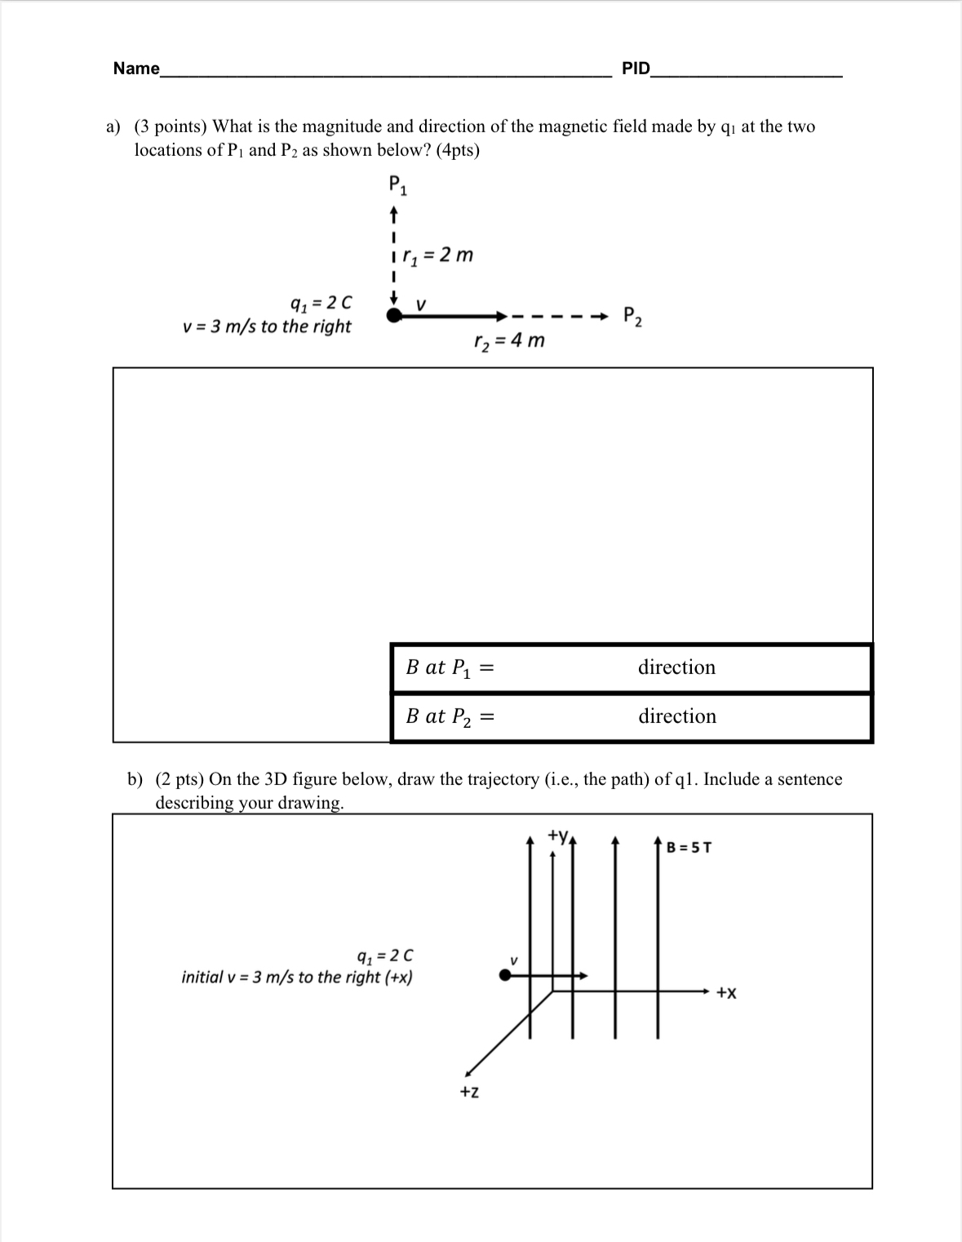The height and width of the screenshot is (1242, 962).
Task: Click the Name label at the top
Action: tap(136, 69)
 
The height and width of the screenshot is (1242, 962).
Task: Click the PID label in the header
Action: tap(636, 69)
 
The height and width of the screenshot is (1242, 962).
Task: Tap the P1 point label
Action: tap(397, 185)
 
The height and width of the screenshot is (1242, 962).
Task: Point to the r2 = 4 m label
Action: tap(509, 339)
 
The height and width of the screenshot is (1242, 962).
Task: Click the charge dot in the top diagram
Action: tap(394, 316)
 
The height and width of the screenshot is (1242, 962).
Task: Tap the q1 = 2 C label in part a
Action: tap(321, 303)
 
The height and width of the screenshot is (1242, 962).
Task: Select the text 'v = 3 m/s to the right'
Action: tap(267, 326)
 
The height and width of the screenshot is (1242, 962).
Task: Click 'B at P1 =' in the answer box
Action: tap(450, 668)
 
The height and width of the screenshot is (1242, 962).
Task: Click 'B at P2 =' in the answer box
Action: tap(450, 716)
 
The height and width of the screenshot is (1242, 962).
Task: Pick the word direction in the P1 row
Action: tap(676, 668)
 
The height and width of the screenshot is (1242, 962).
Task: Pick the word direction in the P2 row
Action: tap(676, 716)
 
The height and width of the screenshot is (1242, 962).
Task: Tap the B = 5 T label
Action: tap(689, 847)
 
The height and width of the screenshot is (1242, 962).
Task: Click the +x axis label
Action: tap(726, 993)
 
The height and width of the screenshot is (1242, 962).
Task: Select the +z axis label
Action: tap(469, 1092)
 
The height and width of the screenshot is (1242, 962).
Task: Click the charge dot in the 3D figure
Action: tap(505, 975)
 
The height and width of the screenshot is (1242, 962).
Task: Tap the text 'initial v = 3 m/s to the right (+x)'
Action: tap(297, 977)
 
